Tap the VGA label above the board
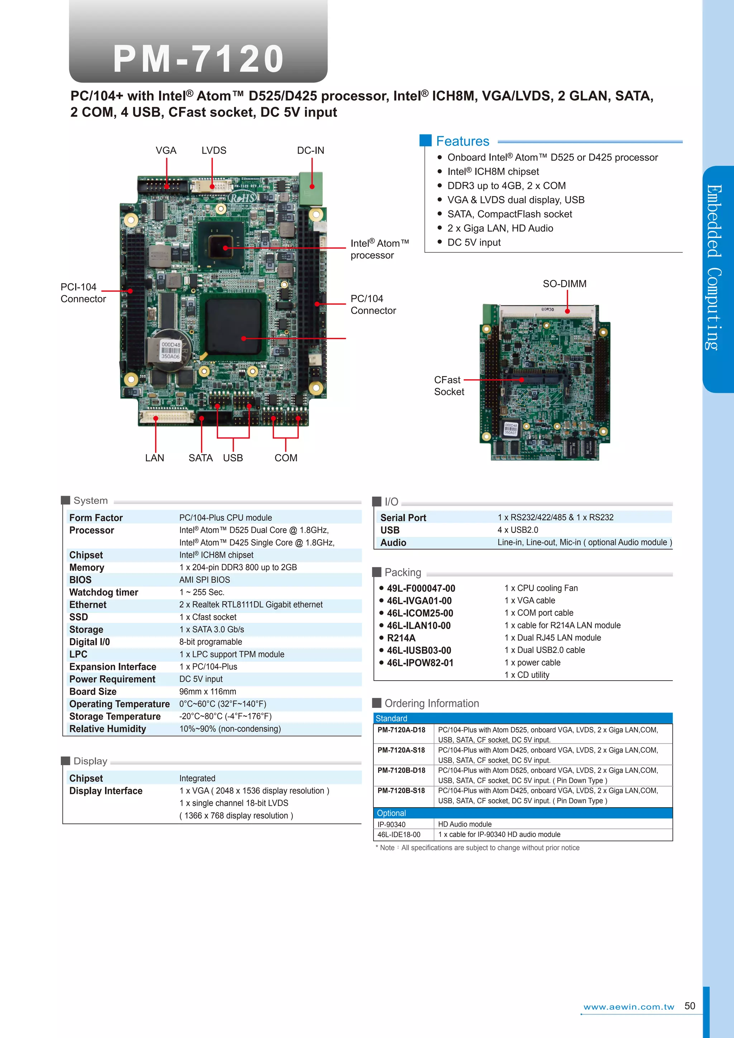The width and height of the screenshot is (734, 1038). coord(166,151)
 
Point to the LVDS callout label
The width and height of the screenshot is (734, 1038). coord(214,151)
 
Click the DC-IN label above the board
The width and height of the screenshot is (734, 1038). coord(310,151)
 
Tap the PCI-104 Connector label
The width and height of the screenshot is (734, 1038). coord(83,293)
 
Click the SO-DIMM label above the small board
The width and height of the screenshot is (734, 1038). coord(564,284)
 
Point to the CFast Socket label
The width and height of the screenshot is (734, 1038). coord(448,386)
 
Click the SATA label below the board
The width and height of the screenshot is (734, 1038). coord(201,458)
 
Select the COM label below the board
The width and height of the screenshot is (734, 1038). coord(286,458)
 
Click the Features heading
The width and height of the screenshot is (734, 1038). coord(462,142)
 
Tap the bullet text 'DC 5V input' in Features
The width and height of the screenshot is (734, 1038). coord(474,242)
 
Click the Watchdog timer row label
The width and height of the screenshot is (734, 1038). coord(104,592)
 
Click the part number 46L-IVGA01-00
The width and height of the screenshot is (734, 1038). coord(419,601)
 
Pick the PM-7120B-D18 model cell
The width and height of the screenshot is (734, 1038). coord(401,770)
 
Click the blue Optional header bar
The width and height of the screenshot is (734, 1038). coord(523,813)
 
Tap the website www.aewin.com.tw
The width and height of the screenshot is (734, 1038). coord(629,1007)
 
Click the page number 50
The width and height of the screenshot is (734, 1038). coord(690,1006)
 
